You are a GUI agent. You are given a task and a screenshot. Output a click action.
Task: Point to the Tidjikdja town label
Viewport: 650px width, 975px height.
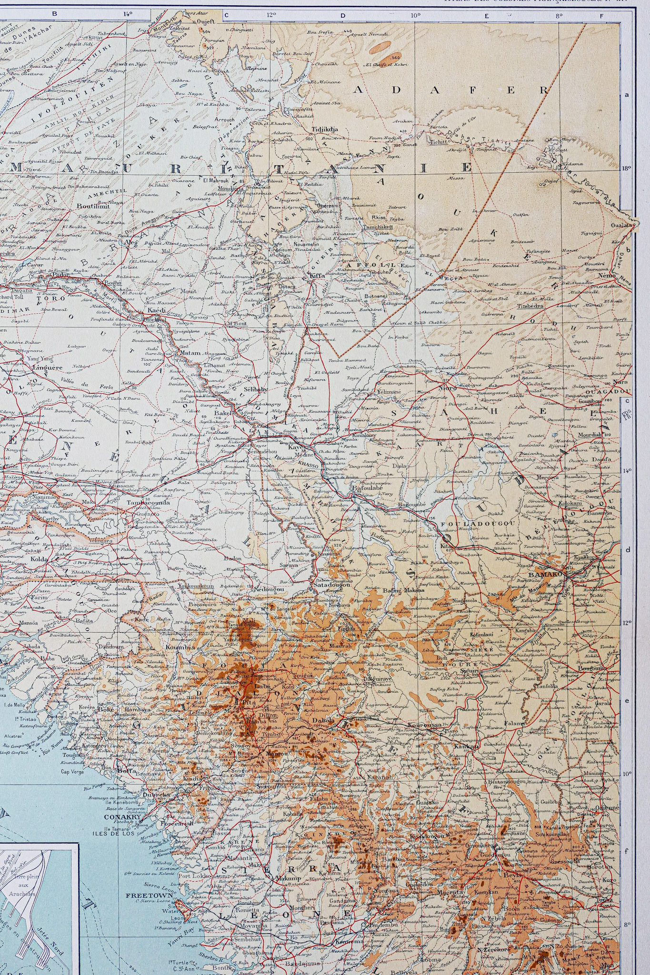pyautogui.click(x=325, y=129)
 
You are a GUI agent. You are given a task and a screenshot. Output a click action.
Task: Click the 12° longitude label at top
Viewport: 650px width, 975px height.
pyautogui.click(x=272, y=14)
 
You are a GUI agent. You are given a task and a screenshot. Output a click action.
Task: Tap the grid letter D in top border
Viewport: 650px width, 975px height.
pyautogui.click(x=342, y=15)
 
